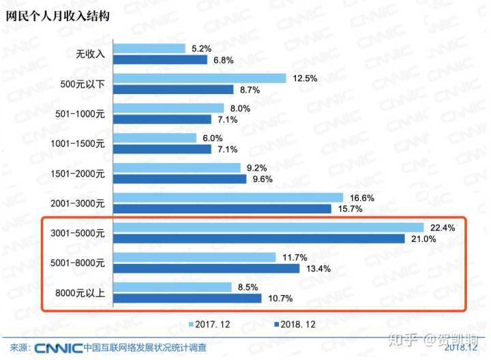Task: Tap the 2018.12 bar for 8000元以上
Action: tap(187, 298)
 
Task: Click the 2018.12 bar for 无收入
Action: tap(160, 59)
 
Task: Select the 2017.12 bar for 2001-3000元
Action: tap(228, 197)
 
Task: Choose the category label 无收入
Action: tap(90, 54)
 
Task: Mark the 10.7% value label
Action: tap(280, 298)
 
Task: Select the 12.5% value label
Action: tap(304, 78)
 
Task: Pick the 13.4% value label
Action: tap(317, 268)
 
